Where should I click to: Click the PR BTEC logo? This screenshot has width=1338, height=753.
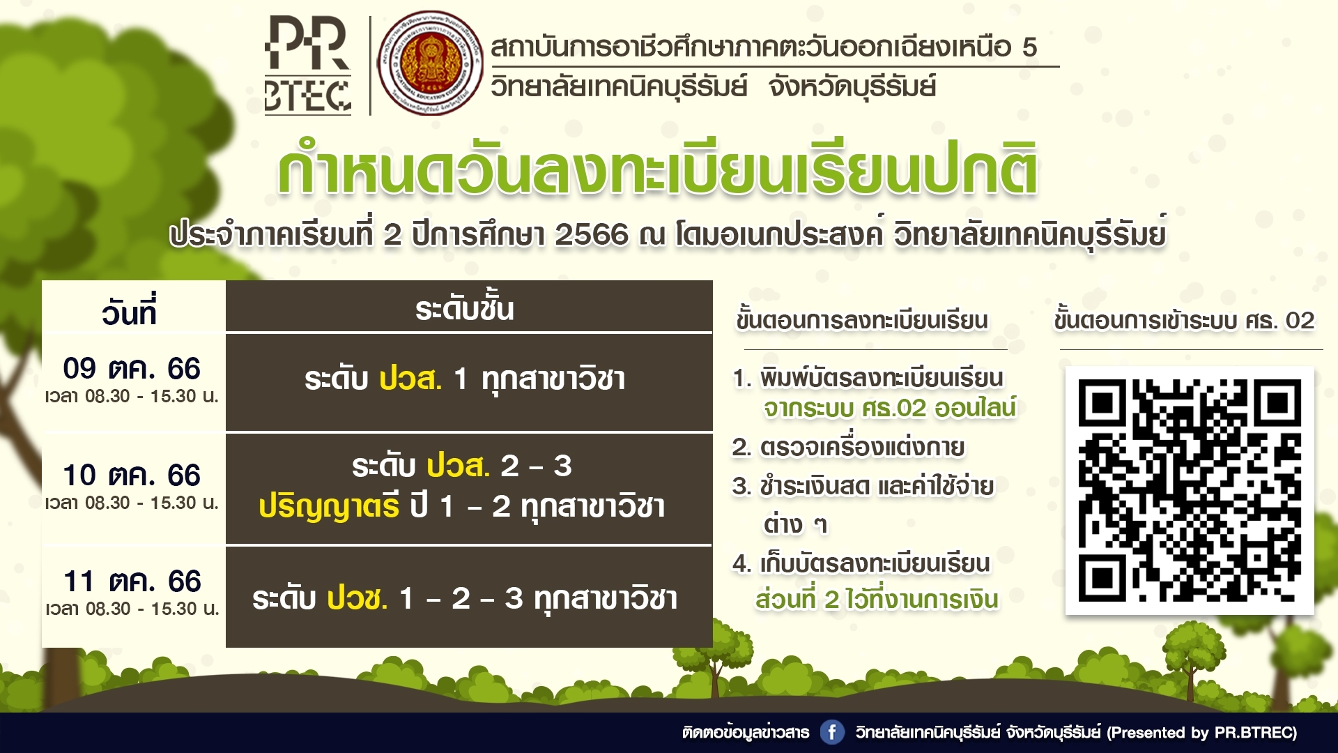307,66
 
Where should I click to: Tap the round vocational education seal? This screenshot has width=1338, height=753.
430,63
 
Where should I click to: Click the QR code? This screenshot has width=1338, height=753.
1190,490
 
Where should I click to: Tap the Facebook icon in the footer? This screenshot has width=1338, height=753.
831,732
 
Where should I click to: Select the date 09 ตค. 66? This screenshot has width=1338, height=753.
132,368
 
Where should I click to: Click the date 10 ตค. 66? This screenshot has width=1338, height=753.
132,475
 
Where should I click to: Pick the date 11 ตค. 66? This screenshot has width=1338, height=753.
132,581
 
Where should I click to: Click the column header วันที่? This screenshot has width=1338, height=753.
130,311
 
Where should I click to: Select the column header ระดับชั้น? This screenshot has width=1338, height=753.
465,307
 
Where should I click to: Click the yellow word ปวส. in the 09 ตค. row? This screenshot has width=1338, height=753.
410,379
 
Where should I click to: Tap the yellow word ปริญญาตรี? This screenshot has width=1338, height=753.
329,506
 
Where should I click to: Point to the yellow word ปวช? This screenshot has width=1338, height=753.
357,598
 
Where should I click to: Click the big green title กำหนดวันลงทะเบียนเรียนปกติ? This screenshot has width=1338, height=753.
657,168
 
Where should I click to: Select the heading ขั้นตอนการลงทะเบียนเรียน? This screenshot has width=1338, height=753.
863,320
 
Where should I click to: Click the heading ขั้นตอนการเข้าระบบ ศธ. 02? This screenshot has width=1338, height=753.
1184,320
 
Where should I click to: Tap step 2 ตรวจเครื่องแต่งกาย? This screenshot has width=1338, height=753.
849,447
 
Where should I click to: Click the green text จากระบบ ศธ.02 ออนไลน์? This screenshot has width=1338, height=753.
890,408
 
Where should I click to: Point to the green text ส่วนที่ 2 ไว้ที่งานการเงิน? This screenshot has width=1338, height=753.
877,599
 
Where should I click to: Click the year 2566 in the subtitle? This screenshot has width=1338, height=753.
592,235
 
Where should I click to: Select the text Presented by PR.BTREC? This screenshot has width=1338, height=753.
1202,733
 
